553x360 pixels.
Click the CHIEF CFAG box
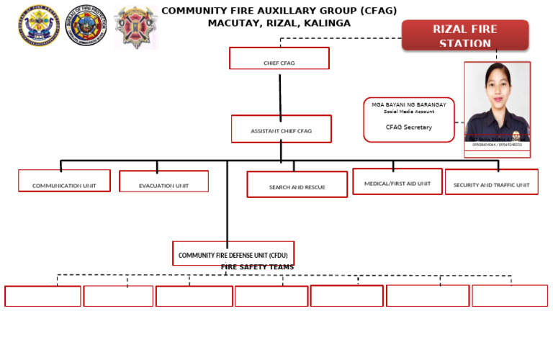(x=279, y=58)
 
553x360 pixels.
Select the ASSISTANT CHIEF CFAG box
(x=281, y=129)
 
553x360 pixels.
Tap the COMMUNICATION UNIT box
(x=64, y=181)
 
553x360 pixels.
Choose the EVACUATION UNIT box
(x=163, y=181)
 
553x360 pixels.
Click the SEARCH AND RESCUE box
(x=297, y=184)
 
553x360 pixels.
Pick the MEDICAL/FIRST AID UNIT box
(x=397, y=181)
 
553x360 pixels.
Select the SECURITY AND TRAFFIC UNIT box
(x=491, y=182)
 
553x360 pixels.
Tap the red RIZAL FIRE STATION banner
(x=464, y=35)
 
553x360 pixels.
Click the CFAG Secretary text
(x=408, y=127)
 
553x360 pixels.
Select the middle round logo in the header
(x=87, y=27)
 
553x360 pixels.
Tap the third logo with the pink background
(x=135, y=27)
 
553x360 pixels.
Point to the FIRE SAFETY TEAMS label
(x=257, y=267)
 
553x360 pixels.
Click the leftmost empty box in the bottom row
(x=42, y=296)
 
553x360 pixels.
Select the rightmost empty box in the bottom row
(x=509, y=296)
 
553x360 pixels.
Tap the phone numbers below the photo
(x=497, y=145)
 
